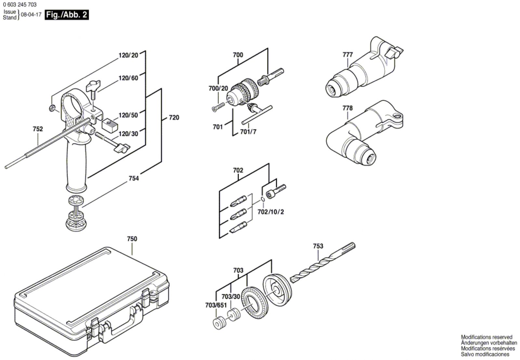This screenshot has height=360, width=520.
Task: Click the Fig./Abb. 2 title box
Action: point(67,15)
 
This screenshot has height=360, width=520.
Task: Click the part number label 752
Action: point(38,129)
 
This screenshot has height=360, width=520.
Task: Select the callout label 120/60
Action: point(128,78)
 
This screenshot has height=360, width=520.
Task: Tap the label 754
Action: point(134,179)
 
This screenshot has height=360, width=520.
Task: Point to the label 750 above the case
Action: point(132,239)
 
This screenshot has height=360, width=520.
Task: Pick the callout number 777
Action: point(347,55)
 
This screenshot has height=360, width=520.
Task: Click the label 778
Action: point(347,108)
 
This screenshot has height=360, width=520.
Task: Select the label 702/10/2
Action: point(271,212)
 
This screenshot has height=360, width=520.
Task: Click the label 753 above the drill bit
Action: point(318,246)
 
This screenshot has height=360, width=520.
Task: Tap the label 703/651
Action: point(216,305)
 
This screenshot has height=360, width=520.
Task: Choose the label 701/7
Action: point(248,132)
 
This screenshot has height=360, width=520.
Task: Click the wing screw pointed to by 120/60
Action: point(93,88)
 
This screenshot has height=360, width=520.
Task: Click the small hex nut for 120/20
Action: point(52,108)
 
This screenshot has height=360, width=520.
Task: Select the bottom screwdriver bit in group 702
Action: point(238,227)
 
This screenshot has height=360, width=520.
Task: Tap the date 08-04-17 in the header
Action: point(31,15)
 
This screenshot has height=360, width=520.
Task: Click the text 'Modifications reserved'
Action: point(487,337)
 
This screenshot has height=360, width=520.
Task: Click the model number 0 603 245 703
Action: point(20,5)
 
